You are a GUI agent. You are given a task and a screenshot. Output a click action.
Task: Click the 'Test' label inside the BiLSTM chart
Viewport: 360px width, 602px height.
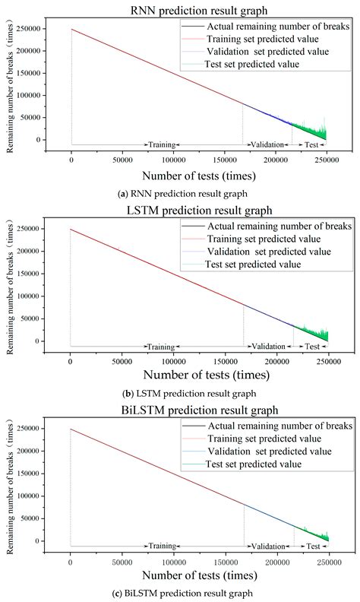[x=312, y=547]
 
